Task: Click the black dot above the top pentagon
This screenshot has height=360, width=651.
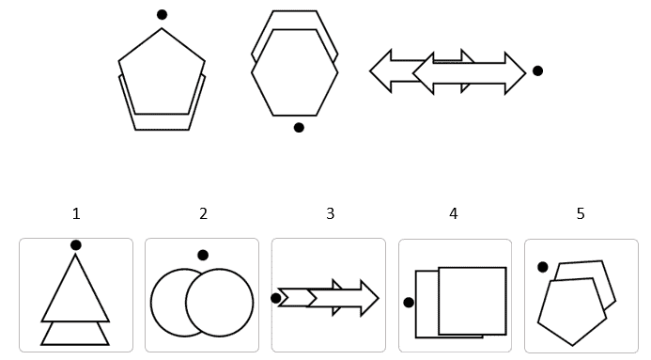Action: [162, 15]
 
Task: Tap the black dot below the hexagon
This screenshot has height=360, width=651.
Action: [299, 128]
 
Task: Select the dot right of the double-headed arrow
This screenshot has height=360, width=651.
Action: [537, 71]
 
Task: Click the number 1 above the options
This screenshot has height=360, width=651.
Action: [76, 213]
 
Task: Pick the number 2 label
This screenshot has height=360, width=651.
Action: [203, 213]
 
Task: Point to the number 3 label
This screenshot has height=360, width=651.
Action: [330, 213]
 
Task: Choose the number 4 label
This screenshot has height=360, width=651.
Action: [454, 213]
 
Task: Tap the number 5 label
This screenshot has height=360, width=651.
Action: [581, 213]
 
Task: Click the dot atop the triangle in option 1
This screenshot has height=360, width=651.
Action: [75, 245]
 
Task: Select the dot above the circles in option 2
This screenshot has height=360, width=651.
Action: [203, 255]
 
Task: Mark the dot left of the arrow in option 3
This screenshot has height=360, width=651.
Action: [275, 298]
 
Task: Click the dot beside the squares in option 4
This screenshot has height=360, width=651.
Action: [409, 303]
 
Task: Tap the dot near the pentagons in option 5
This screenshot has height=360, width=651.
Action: [543, 267]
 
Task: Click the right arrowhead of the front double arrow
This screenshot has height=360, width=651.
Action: [516, 73]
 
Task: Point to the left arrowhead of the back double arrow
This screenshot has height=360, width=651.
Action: [380, 71]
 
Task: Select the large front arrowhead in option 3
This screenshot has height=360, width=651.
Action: [369, 298]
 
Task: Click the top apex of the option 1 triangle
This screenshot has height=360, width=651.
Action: [75, 255]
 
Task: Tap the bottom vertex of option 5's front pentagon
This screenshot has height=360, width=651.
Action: [572, 345]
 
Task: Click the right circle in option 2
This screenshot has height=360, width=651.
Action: [253, 303]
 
